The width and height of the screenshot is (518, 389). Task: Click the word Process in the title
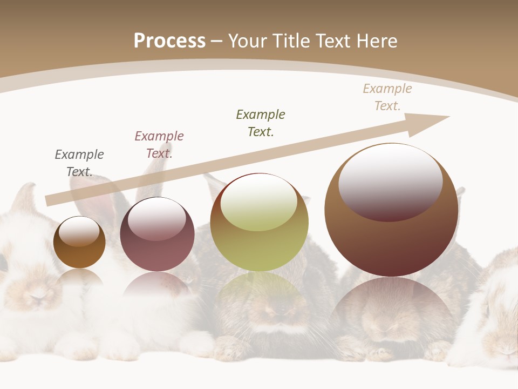click(x=169, y=41)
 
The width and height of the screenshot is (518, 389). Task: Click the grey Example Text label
click(x=79, y=163)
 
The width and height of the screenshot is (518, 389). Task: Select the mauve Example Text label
click(x=159, y=144)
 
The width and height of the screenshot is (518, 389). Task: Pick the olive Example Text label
click(x=261, y=123)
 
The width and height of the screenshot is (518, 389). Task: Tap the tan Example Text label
click(x=387, y=97)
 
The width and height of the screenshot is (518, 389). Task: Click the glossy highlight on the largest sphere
click(x=390, y=181)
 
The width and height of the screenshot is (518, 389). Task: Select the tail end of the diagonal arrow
click(x=47, y=200)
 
